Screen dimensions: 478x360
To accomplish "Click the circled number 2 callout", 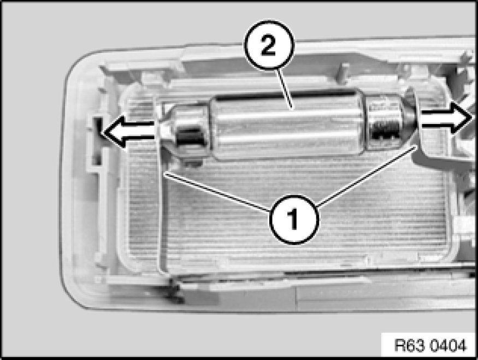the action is click(x=269, y=46).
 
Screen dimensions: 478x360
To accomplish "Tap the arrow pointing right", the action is click(x=447, y=117).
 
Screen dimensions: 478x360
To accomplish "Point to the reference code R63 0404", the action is click(x=430, y=345).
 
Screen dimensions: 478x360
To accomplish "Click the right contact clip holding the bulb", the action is click(x=418, y=122).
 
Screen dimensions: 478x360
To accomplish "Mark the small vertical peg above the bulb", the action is click(x=343, y=73).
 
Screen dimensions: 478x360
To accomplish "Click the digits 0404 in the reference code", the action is click(x=449, y=345).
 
